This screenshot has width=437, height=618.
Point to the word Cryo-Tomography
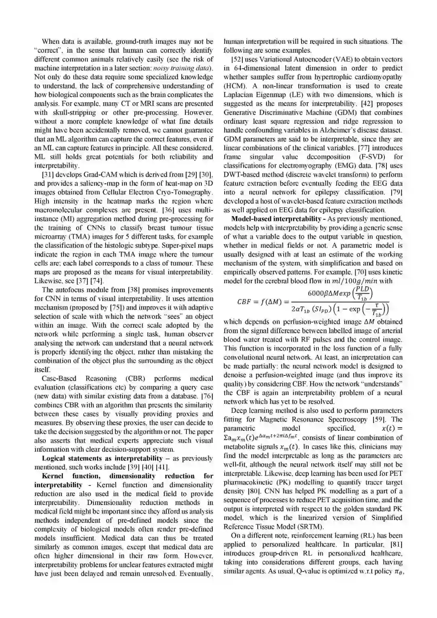187,192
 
